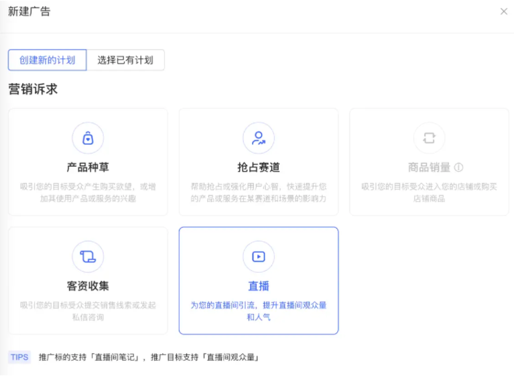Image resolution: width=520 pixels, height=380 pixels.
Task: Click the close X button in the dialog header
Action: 504,11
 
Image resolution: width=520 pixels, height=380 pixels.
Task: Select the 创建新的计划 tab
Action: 47,60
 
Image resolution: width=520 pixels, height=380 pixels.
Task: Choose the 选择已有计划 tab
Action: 125,60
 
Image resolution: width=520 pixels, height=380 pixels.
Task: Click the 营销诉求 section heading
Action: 33,89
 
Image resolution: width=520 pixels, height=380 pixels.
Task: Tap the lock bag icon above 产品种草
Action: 88,138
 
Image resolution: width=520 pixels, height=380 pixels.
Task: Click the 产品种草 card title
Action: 88,168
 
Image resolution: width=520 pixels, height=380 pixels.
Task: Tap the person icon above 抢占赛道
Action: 258,138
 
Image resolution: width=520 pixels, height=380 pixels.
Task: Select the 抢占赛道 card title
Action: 258,168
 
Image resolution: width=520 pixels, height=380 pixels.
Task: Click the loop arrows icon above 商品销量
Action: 429,138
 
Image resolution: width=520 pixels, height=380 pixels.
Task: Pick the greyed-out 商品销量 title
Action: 429,168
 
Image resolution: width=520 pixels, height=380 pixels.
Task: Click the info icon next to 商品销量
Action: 458,168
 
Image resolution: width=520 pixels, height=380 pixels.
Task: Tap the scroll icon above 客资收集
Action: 88,257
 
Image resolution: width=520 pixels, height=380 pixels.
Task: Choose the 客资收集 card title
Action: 88,286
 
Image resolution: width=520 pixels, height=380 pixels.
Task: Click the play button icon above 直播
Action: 258,257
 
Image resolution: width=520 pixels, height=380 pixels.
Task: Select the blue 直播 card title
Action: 258,286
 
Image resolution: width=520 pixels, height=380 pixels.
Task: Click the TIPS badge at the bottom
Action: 19,357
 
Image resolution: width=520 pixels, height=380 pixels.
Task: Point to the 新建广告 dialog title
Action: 29,11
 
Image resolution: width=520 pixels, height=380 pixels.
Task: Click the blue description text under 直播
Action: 258,311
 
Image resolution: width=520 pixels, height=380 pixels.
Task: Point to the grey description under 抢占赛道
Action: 258,192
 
